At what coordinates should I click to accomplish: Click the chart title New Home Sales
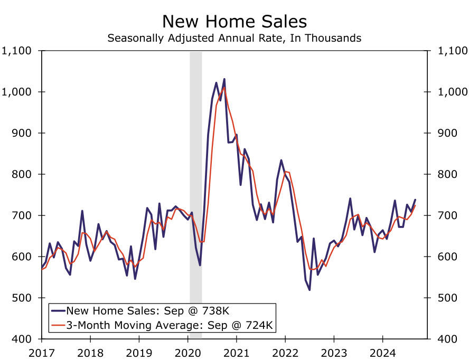[234, 21]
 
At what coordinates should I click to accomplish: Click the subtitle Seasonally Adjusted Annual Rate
[234, 38]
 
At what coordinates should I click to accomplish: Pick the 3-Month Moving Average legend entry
[163, 325]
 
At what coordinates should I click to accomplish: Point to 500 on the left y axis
[23, 298]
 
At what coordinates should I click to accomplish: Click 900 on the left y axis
[23, 134]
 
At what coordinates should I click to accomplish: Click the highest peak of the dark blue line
[224, 79]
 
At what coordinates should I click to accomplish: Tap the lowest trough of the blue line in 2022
[309, 290]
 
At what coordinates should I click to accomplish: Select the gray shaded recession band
[195, 195]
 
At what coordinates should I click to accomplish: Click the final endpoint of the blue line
[415, 200]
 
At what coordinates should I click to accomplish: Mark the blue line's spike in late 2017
[82, 211]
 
